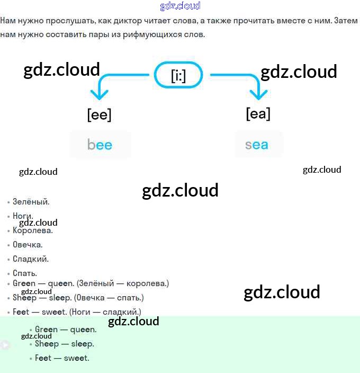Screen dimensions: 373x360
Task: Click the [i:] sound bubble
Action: tap(178, 76)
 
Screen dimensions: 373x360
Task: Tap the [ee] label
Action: tap(99, 115)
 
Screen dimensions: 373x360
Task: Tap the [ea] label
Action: tap(258, 113)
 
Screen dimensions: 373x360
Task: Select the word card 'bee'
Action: tap(100, 145)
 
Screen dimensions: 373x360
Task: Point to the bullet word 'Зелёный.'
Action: tap(31, 202)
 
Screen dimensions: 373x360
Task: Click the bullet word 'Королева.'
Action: tap(33, 230)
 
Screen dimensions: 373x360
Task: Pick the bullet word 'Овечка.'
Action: tap(28, 245)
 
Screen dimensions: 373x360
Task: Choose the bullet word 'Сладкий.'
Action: tap(31, 259)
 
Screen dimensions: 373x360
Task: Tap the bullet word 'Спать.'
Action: tap(25, 273)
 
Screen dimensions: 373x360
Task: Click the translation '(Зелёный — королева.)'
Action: tap(123, 283)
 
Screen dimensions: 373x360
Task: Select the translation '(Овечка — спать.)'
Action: tap(109, 298)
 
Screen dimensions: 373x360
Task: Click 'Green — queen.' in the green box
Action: tap(66, 330)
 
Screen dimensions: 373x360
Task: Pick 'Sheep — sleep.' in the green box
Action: tap(65, 344)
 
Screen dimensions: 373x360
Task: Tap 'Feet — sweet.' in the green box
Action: tap(62, 358)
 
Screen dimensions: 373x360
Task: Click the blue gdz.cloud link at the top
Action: tap(180, 6)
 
